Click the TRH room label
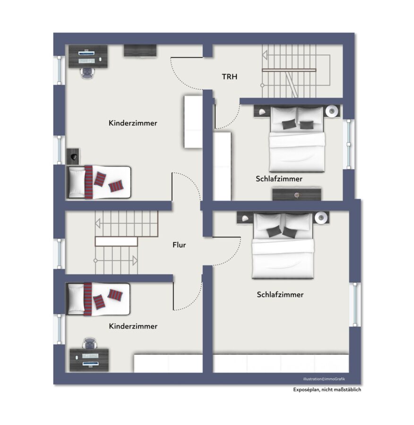[x=230, y=76]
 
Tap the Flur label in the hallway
[x=179, y=245]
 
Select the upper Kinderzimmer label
[x=133, y=123]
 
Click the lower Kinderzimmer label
[x=133, y=326]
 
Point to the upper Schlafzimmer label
[x=279, y=179]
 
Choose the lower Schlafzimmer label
[x=280, y=295]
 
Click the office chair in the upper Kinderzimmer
[x=87, y=73]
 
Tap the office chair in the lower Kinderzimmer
[x=89, y=343]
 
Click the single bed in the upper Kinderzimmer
[x=99, y=182]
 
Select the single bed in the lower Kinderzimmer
[x=98, y=299]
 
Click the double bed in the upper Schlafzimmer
[x=297, y=139]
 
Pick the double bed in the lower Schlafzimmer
[x=283, y=245]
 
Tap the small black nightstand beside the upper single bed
[x=73, y=156]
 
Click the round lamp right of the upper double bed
[x=332, y=111]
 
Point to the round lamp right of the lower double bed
[x=321, y=217]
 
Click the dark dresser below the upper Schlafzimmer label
[x=297, y=195]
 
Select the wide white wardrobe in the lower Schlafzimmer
[x=281, y=363]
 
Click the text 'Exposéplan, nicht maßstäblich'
[x=327, y=390]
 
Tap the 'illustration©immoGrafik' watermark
[x=324, y=379]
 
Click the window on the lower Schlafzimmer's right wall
[x=355, y=305]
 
